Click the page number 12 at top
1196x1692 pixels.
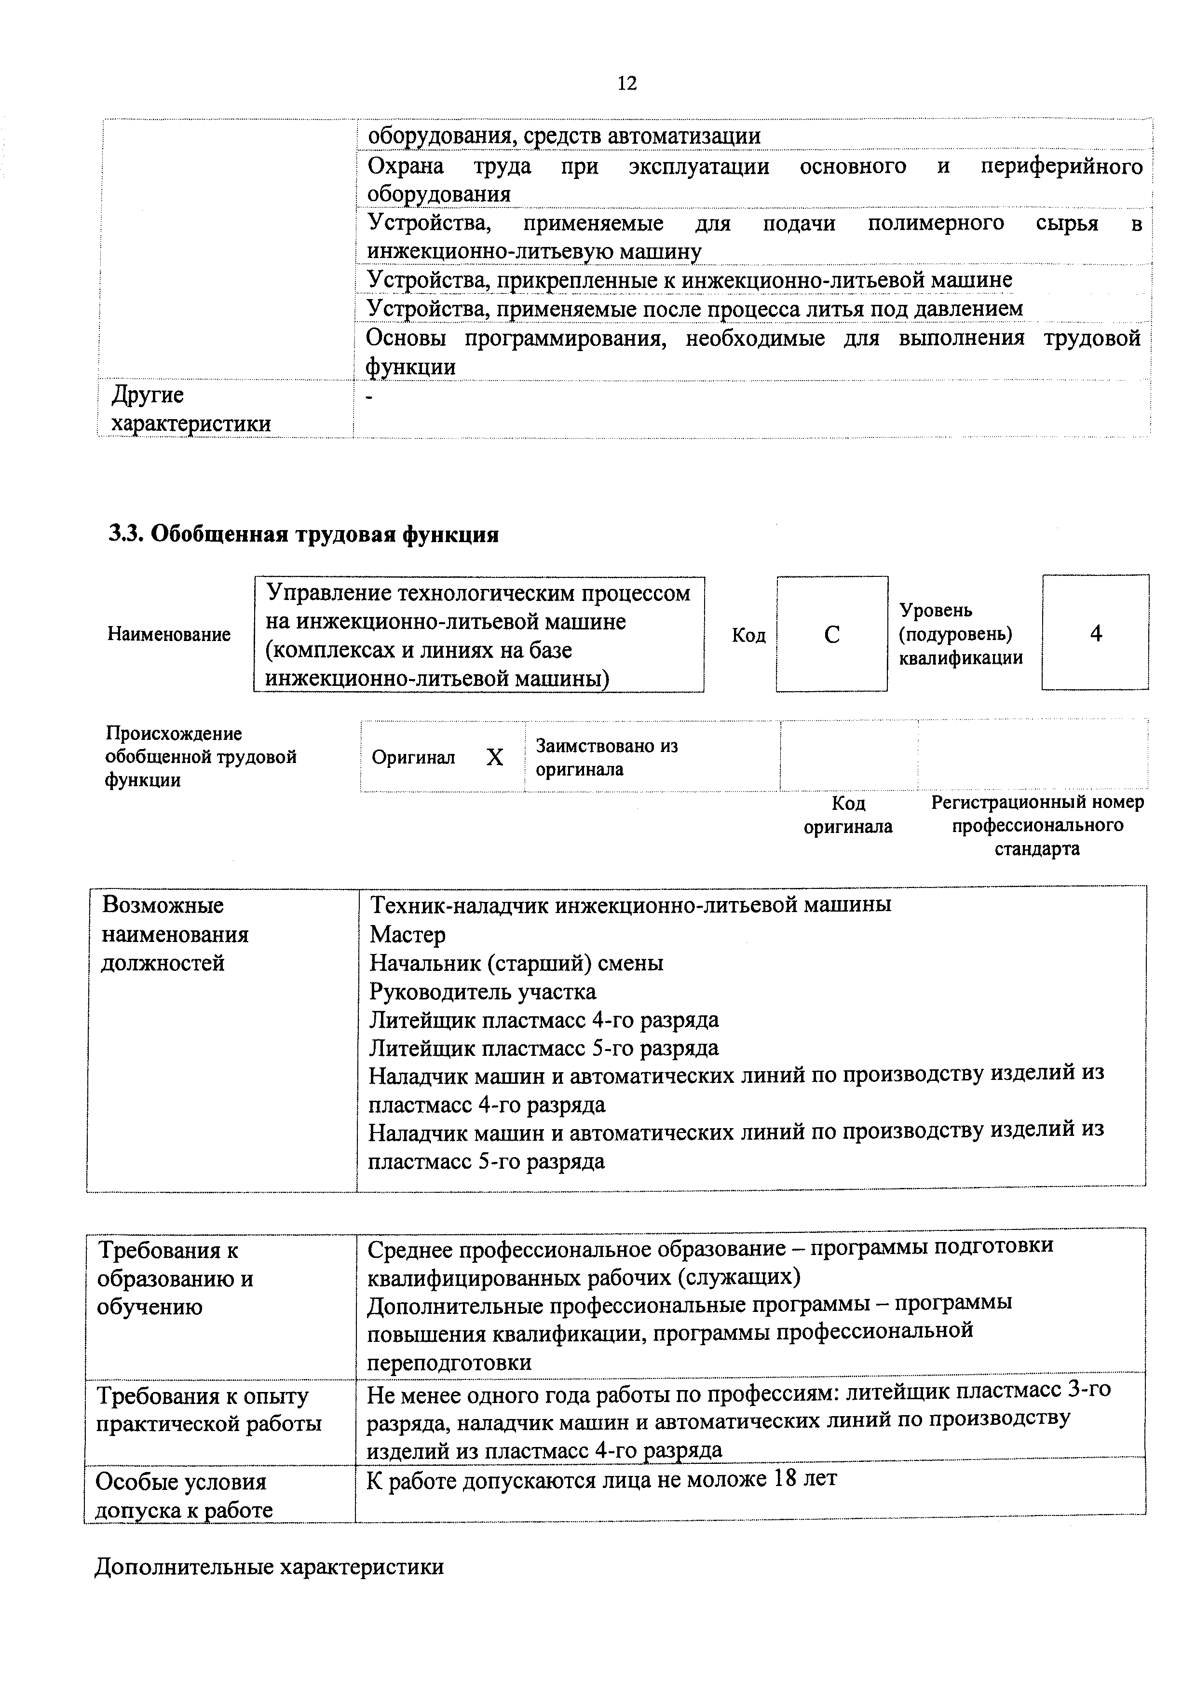626,83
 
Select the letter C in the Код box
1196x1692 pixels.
831,635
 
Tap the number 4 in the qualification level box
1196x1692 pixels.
1095,633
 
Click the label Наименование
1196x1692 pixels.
169,635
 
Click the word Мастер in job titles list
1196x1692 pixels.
408,934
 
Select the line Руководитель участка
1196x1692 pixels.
483,992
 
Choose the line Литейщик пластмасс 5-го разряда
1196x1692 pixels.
544,1048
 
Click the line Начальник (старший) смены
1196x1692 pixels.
516,963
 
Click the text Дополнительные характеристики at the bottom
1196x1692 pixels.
269,1566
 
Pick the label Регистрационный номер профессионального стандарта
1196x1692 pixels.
1037,825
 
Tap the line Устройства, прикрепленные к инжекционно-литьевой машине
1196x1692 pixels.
689,280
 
